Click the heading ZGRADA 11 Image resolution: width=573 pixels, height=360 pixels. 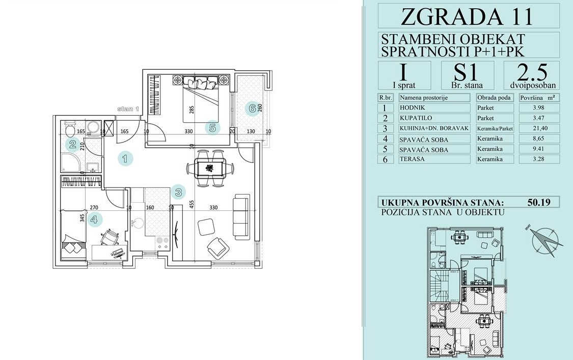467,16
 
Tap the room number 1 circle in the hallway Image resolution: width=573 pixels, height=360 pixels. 125,159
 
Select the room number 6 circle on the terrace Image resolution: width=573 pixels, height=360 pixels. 252,108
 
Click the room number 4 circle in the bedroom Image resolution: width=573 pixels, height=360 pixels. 94,219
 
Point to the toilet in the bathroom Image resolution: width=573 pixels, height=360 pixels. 68,129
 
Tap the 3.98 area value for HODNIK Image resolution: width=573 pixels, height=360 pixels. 539,108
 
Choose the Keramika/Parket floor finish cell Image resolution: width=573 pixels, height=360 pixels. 495,128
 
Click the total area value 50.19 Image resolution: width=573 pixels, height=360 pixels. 539,202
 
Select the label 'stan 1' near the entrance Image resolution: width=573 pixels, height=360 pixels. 128,109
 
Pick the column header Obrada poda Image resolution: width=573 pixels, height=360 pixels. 495,98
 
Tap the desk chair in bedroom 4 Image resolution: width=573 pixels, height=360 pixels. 109,237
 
